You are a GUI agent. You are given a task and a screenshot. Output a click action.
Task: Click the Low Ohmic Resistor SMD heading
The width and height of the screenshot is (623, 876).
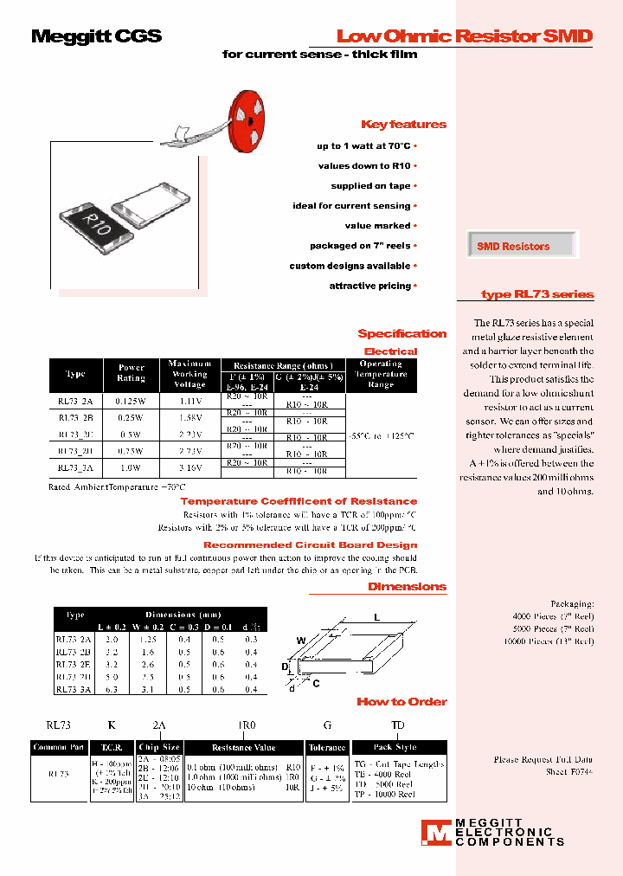point(464,36)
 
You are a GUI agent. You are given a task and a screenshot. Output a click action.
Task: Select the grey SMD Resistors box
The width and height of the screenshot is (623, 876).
point(521,246)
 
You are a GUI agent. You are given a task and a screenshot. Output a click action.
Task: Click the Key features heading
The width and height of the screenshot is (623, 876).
point(403,125)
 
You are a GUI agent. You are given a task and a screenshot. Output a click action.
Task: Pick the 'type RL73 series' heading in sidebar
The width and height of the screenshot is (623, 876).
point(537,294)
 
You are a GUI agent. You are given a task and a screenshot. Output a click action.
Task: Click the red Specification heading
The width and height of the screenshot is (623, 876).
point(401,334)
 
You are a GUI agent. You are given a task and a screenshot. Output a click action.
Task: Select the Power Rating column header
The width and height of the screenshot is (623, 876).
point(131,373)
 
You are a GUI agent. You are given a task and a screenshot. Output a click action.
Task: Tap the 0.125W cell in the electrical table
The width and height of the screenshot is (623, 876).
point(131,401)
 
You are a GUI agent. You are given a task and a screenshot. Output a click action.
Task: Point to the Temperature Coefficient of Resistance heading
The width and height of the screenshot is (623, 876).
point(299,501)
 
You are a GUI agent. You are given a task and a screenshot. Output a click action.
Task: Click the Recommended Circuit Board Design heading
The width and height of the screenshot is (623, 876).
point(310,544)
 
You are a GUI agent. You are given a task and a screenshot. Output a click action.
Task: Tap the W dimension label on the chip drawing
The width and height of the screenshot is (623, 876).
point(302,641)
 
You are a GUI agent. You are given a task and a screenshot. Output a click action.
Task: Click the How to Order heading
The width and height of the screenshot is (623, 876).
point(401,702)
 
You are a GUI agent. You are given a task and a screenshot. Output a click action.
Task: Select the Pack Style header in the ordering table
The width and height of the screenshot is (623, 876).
point(395,747)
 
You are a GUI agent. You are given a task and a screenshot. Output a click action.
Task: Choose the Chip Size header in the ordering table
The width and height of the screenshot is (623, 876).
point(159,747)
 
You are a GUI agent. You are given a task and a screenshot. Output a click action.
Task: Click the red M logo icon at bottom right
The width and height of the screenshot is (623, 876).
point(434,832)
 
